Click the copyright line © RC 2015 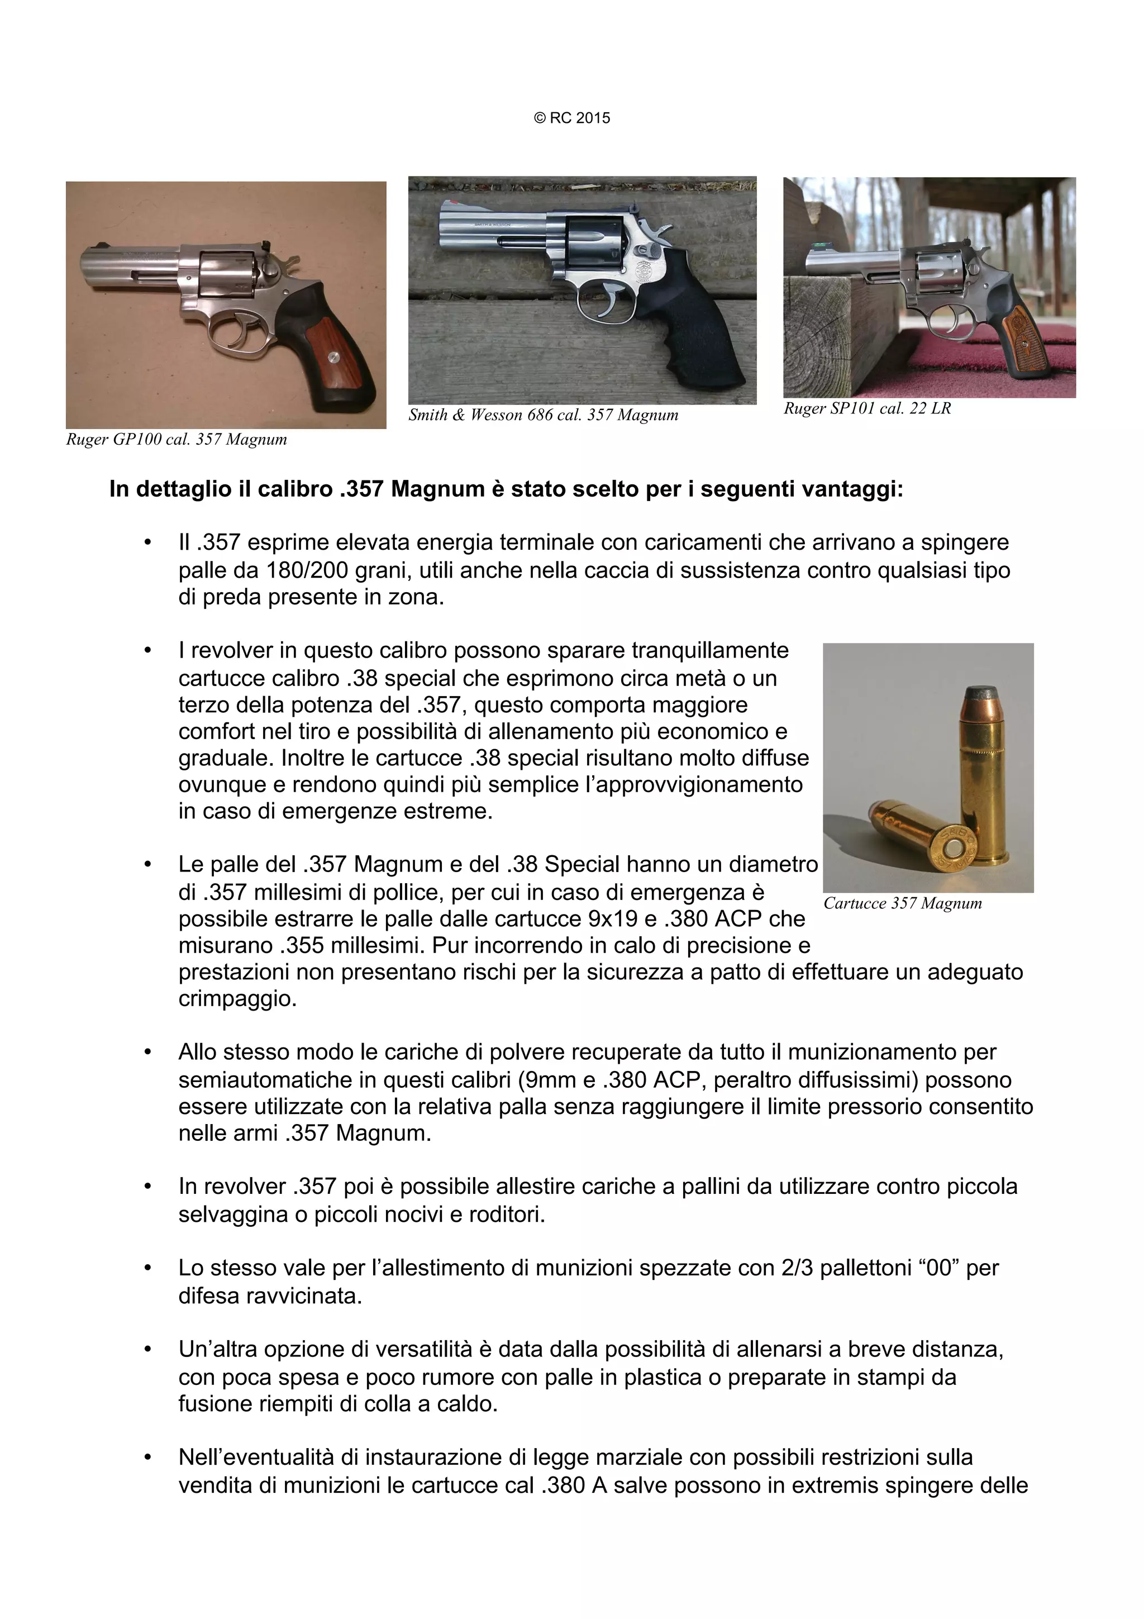pos(571,118)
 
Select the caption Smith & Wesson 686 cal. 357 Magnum pos(543,415)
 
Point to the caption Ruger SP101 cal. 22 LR pos(866,408)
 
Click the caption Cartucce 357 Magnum pos(902,903)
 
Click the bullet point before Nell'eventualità pos(147,1458)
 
